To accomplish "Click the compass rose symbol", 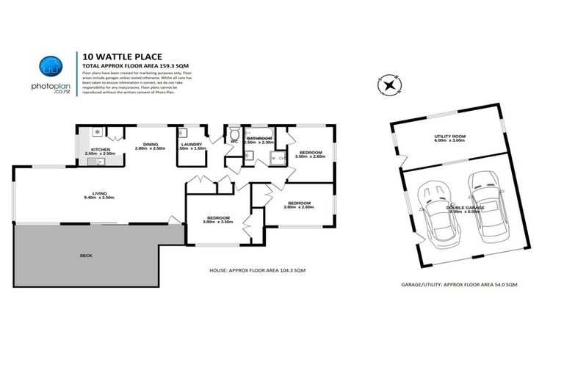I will [389, 84].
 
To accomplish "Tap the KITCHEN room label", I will [100, 149].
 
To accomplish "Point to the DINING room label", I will [151, 144].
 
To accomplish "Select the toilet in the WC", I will [233, 137].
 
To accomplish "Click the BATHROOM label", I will [259, 138].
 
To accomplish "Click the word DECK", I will [86, 256].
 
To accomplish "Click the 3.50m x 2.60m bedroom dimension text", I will [309, 156].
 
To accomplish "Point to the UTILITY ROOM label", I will [449, 137].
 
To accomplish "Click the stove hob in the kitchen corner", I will [98, 132].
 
